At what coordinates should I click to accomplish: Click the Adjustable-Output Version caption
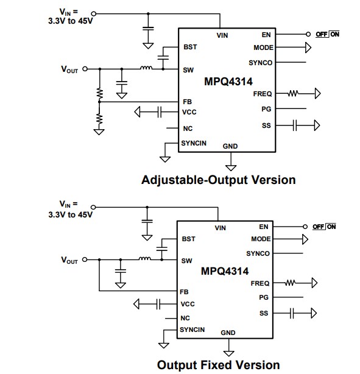coord(218,180)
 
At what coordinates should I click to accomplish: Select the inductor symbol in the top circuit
coord(146,68)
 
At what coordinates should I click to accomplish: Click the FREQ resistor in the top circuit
coord(294,94)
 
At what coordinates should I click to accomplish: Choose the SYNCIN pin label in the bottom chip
coord(192,330)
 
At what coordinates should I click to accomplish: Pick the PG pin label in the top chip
coord(265,109)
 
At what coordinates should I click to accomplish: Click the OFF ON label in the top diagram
coord(327,34)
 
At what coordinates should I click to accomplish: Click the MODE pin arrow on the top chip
coord(308,47)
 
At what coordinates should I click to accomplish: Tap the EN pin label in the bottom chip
coord(263,227)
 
